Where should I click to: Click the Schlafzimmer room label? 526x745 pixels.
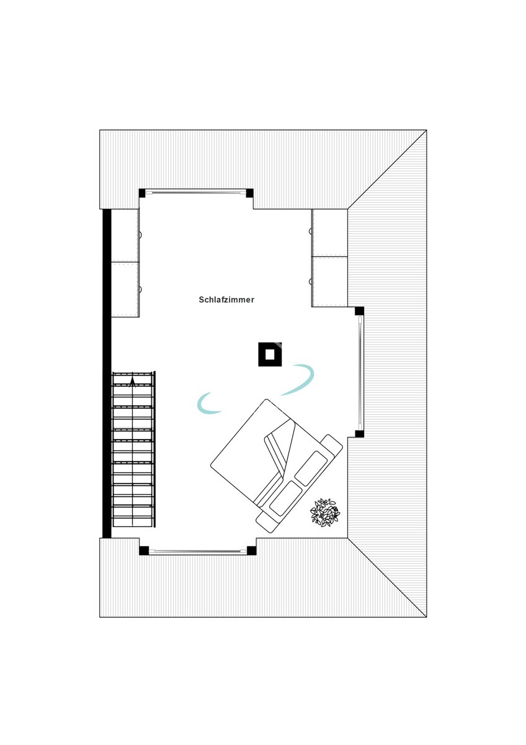pyautogui.click(x=226, y=300)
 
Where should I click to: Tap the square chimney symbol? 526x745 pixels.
pyautogui.click(x=270, y=354)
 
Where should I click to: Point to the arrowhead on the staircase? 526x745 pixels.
pyautogui.click(x=133, y=382)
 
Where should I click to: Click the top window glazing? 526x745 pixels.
pyautogui.click(x=196, y=192)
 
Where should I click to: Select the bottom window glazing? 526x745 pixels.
pyautogui.click(x=198, y=551)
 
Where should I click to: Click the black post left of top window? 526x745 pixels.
pyautogui.click(x=142, y=193)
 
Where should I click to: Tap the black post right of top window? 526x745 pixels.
pyautogui.click(x=249, y=193)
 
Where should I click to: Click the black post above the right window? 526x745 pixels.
pyautogui.click(x=360, y=311)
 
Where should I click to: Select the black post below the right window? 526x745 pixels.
pyautogui.click(x=360, y=433)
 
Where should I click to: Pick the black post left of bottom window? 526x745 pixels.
pyautogui.click(x=144, y=551)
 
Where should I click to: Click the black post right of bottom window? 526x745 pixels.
pyautogui.click(x=252, y=551)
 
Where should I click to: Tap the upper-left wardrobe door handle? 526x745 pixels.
pyautogui.click(x=140, y=235)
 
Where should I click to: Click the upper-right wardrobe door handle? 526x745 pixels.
pyautogui.click(x=310, y=230)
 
